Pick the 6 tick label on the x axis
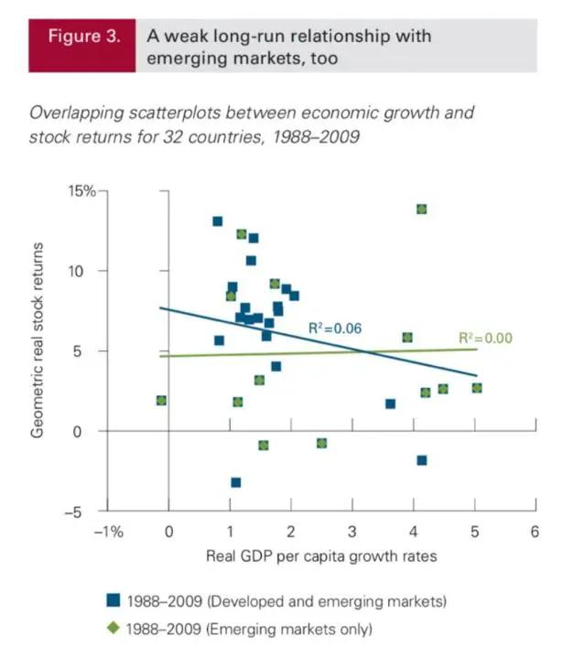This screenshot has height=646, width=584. (535, 532)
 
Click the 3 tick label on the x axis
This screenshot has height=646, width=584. (352, 532)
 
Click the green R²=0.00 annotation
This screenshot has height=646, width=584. (485, 338)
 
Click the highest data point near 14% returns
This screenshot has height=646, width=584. (422, 210)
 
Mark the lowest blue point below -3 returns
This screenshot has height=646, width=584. (235, 482)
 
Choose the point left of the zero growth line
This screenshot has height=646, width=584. (161, 400)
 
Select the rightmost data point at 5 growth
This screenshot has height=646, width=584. (476, 388)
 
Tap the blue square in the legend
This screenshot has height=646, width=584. (114, 601)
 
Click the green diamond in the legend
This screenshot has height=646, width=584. (114, 629)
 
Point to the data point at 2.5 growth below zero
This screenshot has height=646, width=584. (321, 443)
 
